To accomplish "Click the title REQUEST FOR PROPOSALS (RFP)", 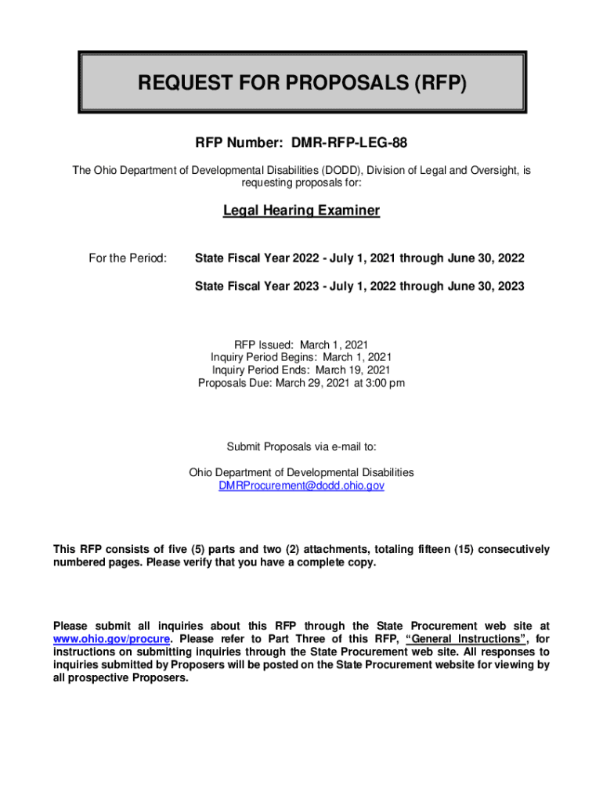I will (301, 83).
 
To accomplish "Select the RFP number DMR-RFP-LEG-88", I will (301, 143).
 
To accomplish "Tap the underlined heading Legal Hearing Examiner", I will (301, 211).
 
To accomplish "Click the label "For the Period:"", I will (127, 258).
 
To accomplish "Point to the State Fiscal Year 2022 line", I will (359, 258).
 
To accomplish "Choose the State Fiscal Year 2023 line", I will (359, 287).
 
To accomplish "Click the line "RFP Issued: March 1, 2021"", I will (301, 345).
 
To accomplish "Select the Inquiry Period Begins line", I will (301, 357).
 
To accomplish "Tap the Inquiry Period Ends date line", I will (301, 370).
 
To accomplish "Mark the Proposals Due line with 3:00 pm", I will (301, 383).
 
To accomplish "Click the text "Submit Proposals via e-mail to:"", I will (301, 447).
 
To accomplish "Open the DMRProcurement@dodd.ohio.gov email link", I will (301, 486).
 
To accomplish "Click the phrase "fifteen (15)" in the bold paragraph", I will (434, 550).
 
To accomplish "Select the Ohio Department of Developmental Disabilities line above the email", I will (301, 473).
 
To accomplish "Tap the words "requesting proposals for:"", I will (301, 182).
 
